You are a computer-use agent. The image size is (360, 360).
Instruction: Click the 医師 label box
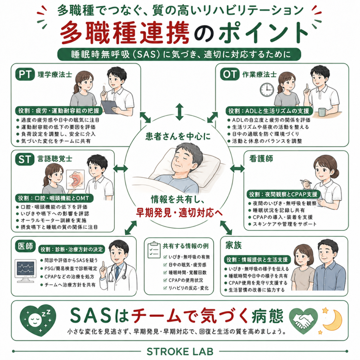click(25, 246)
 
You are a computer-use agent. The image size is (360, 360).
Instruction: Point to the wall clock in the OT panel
click(267, 90)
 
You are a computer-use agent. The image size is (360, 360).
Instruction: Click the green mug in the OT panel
click(323, 112)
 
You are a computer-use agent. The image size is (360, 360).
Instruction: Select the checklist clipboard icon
click(154, 250)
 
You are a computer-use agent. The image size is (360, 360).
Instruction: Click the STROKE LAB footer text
click(180, 351)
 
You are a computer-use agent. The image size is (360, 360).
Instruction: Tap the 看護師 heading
click(261, 159)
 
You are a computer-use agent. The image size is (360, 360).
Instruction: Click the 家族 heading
click(233, 245)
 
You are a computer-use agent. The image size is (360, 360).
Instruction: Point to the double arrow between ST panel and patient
click(120, 168)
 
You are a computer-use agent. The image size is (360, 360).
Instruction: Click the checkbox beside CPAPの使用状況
click(165, 280)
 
